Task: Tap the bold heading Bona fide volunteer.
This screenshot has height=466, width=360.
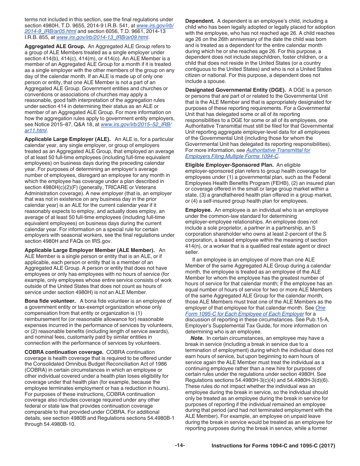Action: click(50, 301)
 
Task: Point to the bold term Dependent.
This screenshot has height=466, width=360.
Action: click(200, 21)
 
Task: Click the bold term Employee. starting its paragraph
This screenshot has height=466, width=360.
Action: click(198, 210)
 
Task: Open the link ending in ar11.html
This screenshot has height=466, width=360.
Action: click(36, 130)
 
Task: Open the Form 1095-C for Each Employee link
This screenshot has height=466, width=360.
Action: click(244, 314)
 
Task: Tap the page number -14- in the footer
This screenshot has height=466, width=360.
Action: click(180, 446)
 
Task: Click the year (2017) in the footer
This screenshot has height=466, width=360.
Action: click(327, 446)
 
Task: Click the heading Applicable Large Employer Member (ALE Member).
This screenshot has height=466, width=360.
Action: click(89, 250)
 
